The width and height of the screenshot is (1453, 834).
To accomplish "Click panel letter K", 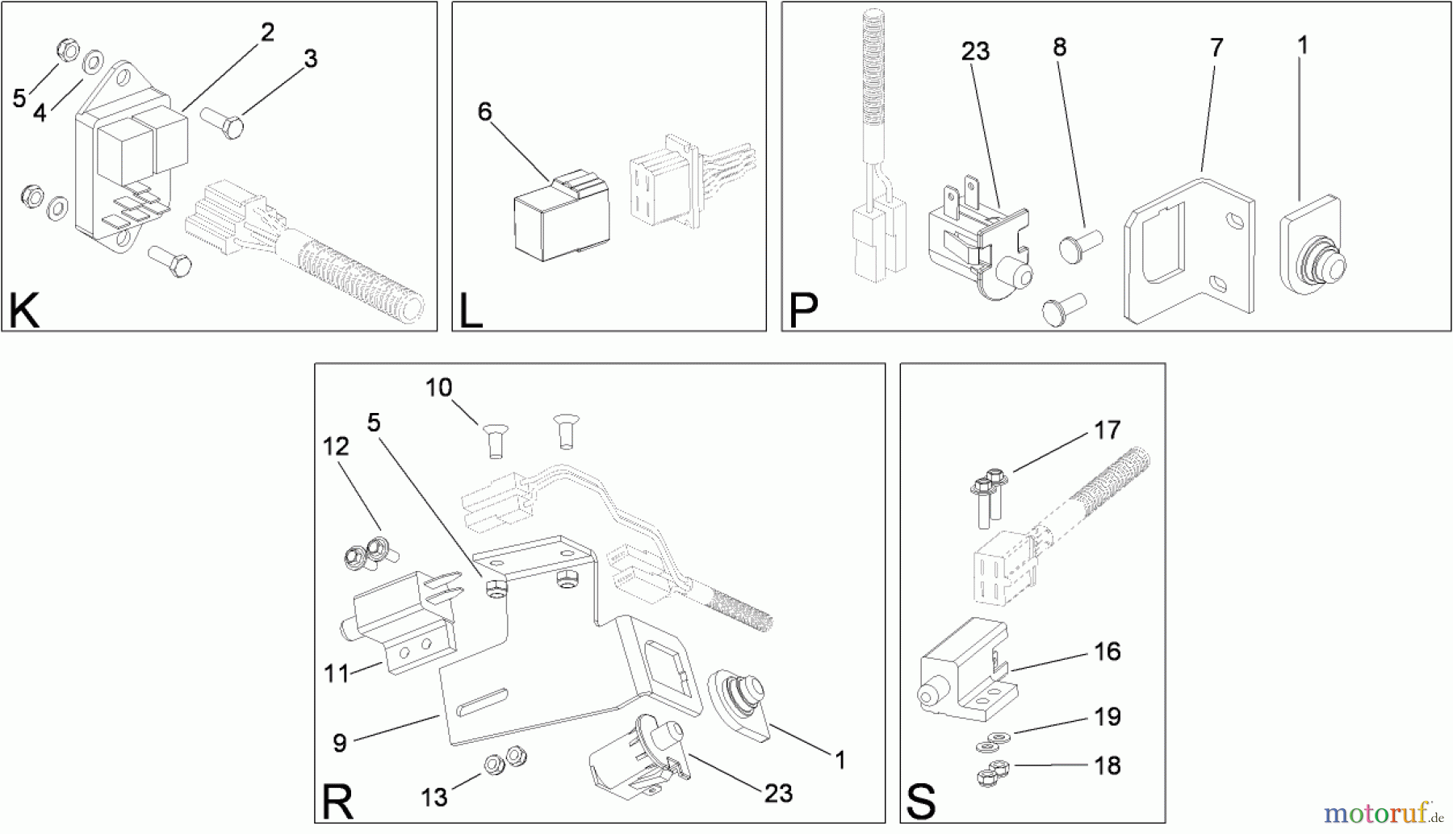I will pos(24,311).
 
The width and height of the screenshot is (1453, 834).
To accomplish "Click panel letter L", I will pos(471,311).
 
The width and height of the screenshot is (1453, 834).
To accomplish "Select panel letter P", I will pos(802,311).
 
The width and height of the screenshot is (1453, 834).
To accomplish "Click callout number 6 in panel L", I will pos(484,111).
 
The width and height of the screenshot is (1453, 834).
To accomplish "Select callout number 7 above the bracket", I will pos(1216,48).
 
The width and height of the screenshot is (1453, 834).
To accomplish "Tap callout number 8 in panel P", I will pos(1060,47).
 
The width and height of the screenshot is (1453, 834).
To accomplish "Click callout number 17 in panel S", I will pos(1108,430).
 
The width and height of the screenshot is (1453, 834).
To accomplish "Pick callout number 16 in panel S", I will pos(1108,651).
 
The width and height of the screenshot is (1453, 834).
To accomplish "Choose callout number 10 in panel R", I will pos(438,388).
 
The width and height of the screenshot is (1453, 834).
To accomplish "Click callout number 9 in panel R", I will pos(340,743).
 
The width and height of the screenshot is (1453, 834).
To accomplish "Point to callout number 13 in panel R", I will pos(433,798).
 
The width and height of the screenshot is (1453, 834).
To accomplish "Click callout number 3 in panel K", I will pos(311,59).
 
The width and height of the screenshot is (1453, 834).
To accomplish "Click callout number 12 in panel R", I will pos(336,446).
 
